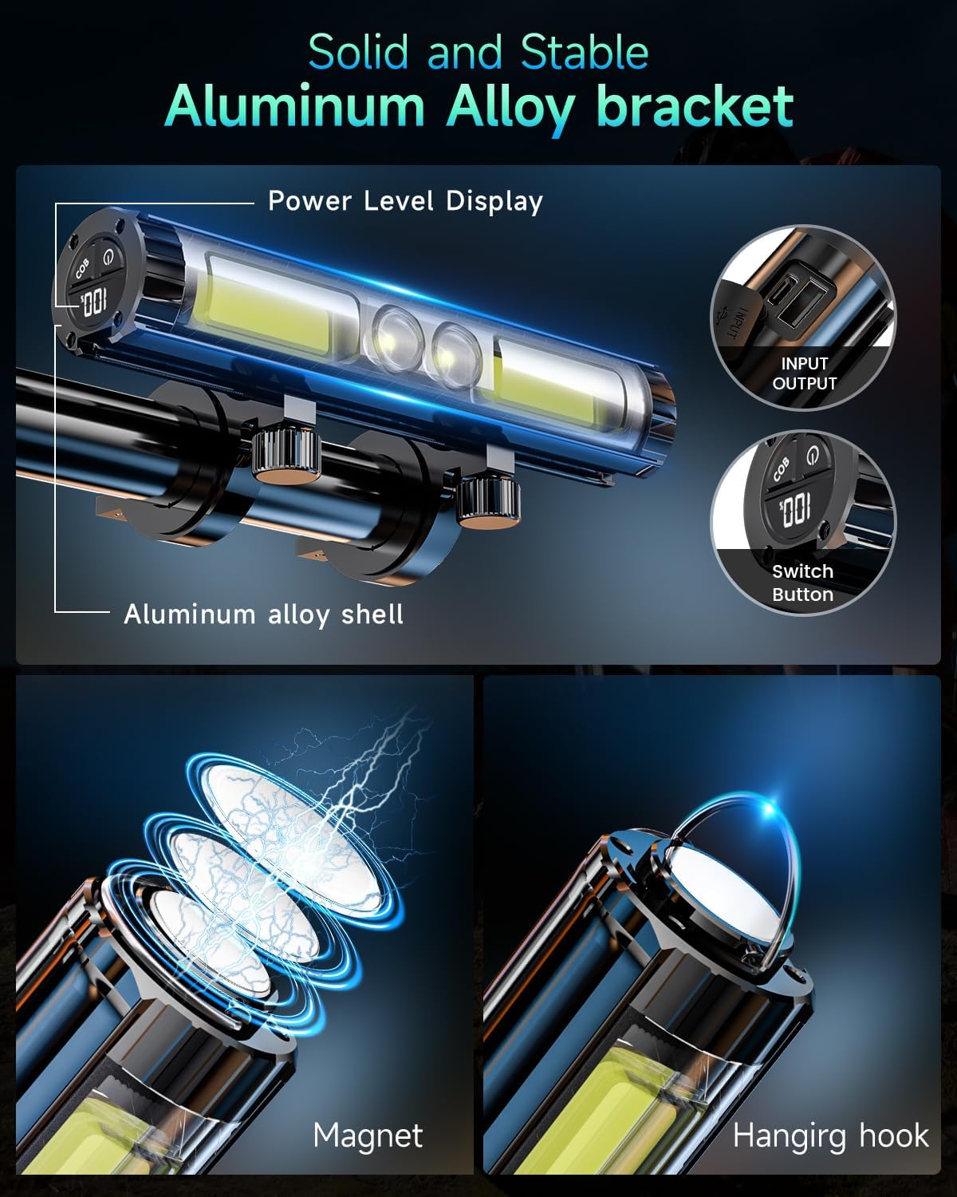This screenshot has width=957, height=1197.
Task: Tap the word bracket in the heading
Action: point(695,106)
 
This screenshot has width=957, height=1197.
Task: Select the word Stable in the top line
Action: point(584,53)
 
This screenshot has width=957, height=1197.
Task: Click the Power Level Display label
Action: point(405,201)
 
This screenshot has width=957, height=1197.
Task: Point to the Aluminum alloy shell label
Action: point(263,614)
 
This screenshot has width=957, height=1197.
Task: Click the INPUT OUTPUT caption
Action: point(804,373)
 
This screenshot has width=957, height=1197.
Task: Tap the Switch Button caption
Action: point(802,583)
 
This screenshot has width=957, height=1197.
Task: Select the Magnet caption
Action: point(368,1135)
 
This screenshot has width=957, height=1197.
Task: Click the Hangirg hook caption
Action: point(830,1135)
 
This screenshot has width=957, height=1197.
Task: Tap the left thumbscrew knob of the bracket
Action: point(286,458)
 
